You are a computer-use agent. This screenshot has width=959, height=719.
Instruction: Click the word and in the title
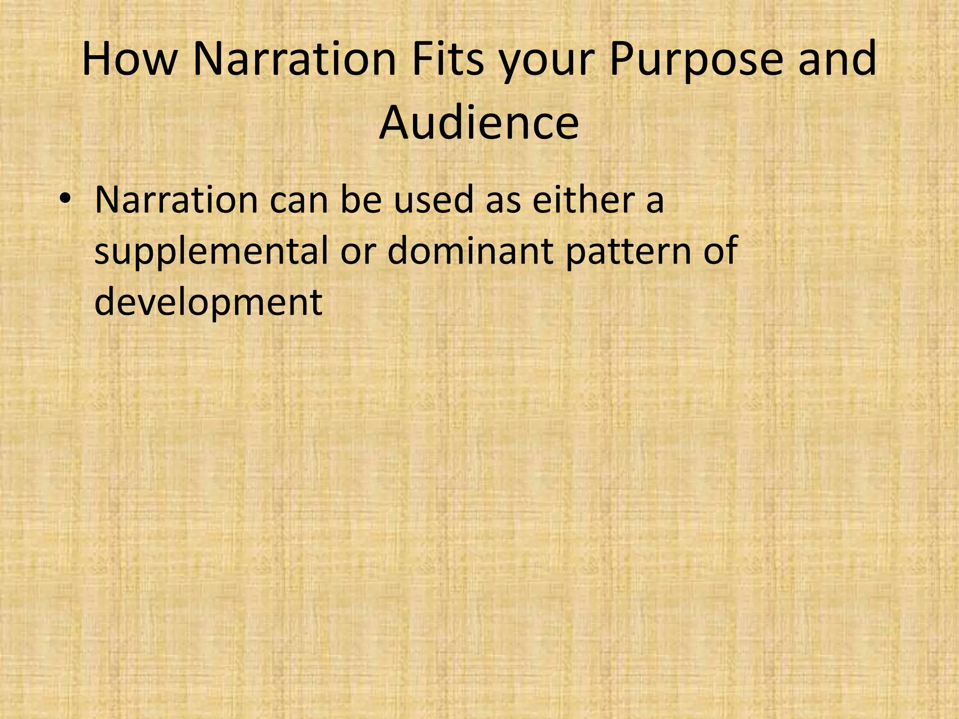pyautogui.click(x=837, y=59)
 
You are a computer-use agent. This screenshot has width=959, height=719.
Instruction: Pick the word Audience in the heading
pyautogui.click(x=479, y=123)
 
